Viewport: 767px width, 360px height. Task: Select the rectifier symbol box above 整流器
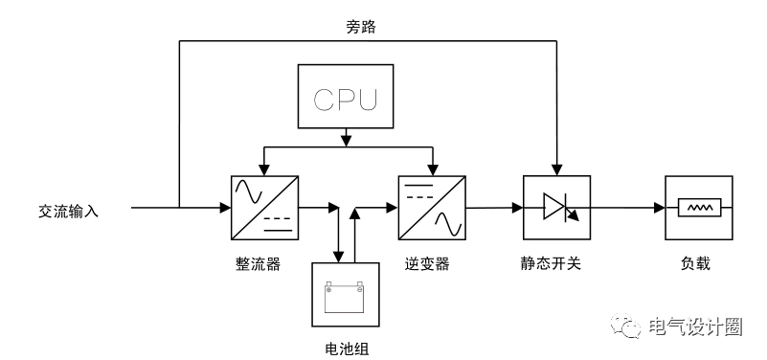click(264, 208)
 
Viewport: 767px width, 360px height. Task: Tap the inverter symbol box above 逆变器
click(432, 208)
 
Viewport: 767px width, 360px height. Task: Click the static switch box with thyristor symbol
click(555, 208)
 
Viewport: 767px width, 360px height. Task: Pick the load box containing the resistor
click(699, 208)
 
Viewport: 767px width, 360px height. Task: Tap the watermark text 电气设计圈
click(696, 327)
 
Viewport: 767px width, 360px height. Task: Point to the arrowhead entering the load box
click(659, 208)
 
